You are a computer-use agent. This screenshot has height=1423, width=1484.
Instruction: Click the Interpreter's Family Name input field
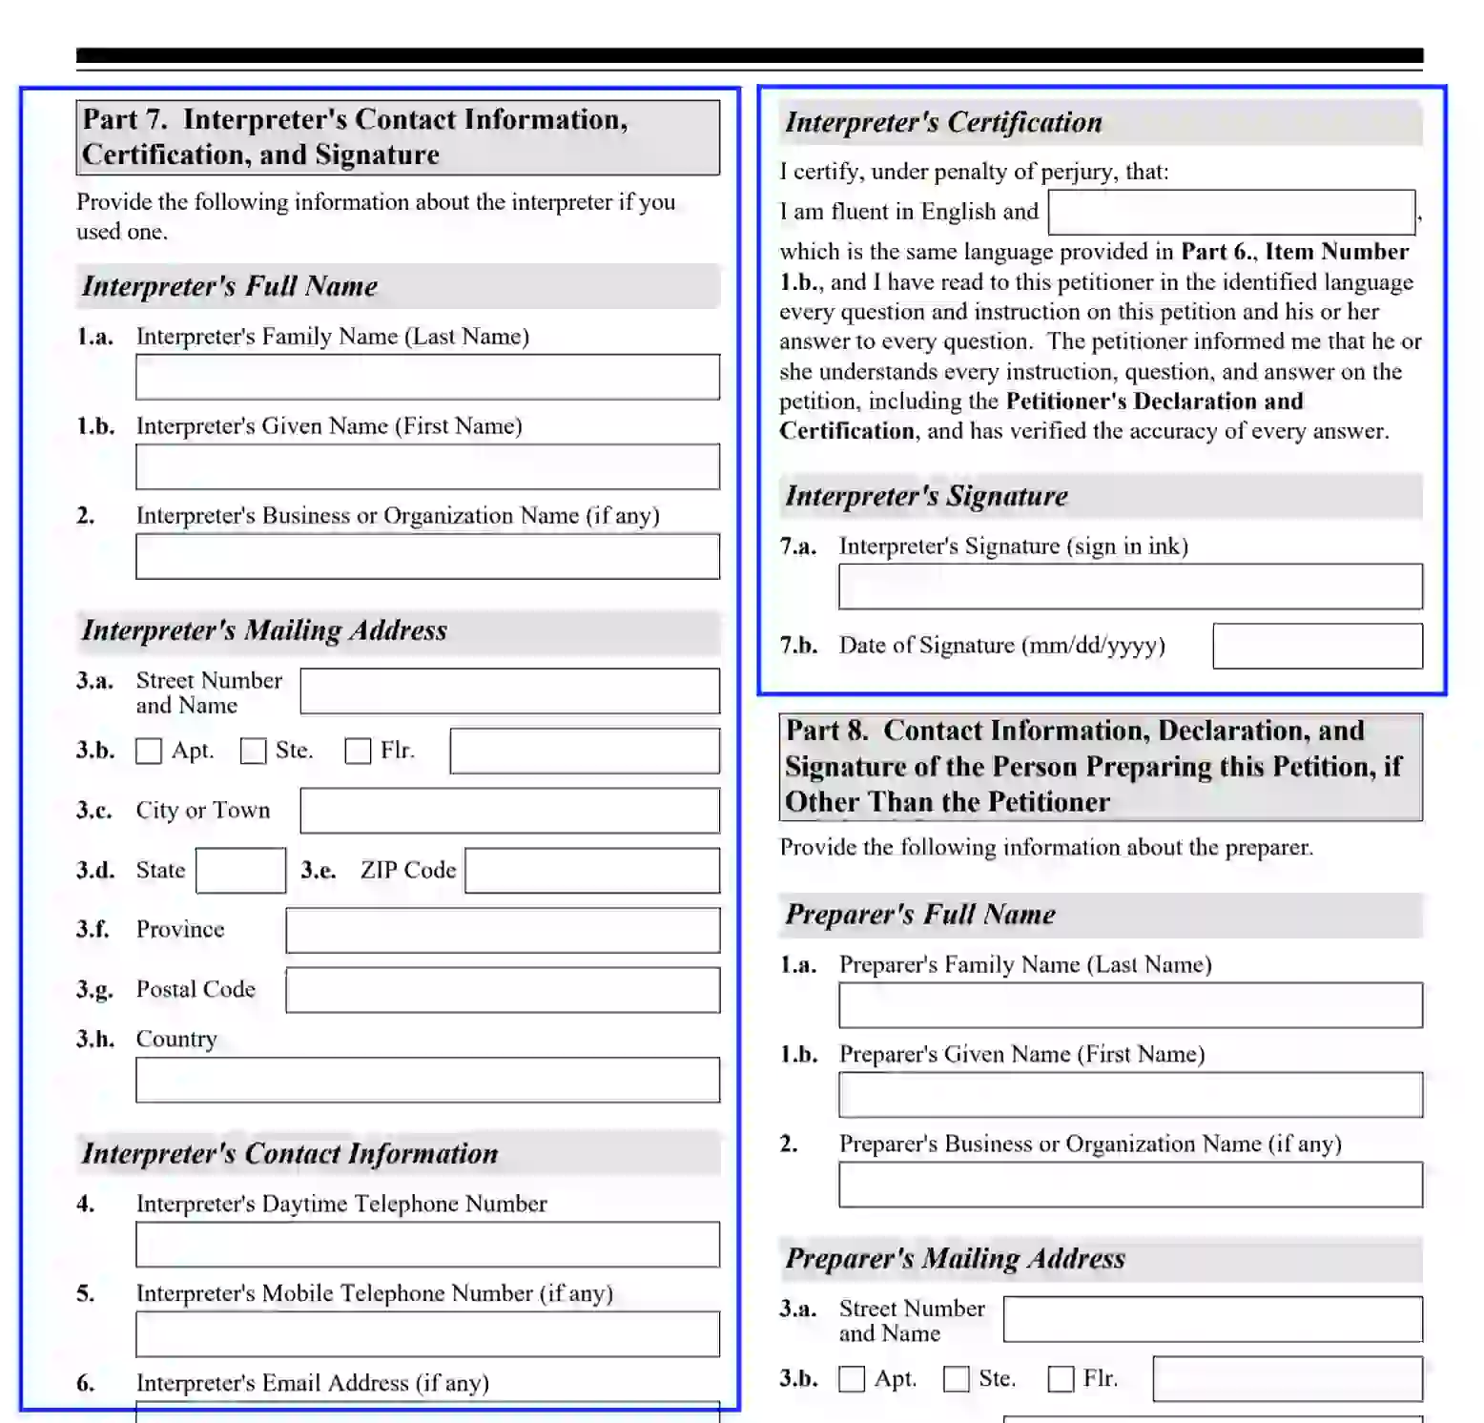click(427, 377)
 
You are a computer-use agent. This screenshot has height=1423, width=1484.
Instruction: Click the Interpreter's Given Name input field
click(427, 466)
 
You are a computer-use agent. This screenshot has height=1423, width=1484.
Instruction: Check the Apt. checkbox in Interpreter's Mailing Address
click(149, 752)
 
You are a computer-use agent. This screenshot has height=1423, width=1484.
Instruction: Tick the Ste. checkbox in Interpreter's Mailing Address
click(253, 752)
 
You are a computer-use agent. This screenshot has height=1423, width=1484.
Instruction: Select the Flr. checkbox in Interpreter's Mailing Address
click(358, 752)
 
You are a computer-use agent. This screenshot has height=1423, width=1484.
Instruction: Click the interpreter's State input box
click(240, 871)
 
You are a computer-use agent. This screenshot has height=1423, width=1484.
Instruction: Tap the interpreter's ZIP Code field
click(591, 871)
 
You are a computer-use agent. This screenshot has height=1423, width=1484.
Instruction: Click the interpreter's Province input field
click(503, 930)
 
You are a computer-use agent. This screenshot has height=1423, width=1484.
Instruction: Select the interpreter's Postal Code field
click(503, 990)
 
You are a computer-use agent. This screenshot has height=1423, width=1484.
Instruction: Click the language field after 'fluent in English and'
click(1231, 212)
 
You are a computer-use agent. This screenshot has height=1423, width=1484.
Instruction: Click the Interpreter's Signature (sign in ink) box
click(1130, 587)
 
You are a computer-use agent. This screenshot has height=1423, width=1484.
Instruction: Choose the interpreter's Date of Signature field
click(1317, 647)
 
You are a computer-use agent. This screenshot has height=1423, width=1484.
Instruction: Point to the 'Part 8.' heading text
click(826, 731)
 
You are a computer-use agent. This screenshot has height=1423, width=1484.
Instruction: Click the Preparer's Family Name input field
click(1130, 1005)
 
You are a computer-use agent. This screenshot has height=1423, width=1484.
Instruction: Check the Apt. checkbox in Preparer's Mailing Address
click(852, 1379)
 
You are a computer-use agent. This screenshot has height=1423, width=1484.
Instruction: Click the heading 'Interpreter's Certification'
click(943, 122)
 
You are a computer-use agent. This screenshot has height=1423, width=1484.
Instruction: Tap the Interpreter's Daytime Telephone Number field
click(427, 1245)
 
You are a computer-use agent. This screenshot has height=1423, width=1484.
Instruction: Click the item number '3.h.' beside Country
click(95, 1039)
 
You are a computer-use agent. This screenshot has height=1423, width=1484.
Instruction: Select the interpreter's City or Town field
click(509, 811)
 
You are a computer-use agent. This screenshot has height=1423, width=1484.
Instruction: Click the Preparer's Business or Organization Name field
click(1130, 1185)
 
